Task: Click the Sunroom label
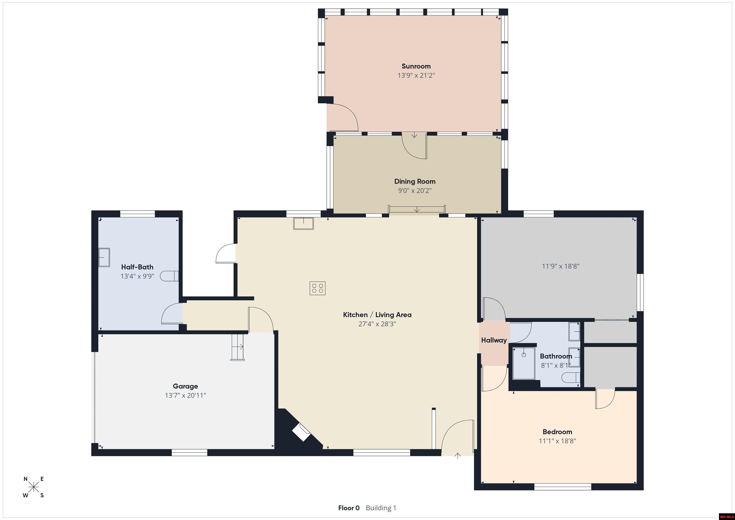click(416, 66)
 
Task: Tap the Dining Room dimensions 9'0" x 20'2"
click(415, 191)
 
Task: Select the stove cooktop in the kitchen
click(317, 288)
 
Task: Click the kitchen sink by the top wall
click(303, 224)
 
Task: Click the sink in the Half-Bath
click(104, 257)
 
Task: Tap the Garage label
click(185, 386)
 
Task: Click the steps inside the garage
click(238, 347)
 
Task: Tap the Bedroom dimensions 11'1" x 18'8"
click(557, 441)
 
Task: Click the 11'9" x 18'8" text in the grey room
click(561, 266)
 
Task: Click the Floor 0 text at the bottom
click(349, 508)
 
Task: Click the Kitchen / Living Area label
click(377, 315)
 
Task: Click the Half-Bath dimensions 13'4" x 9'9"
click(137, 276)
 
